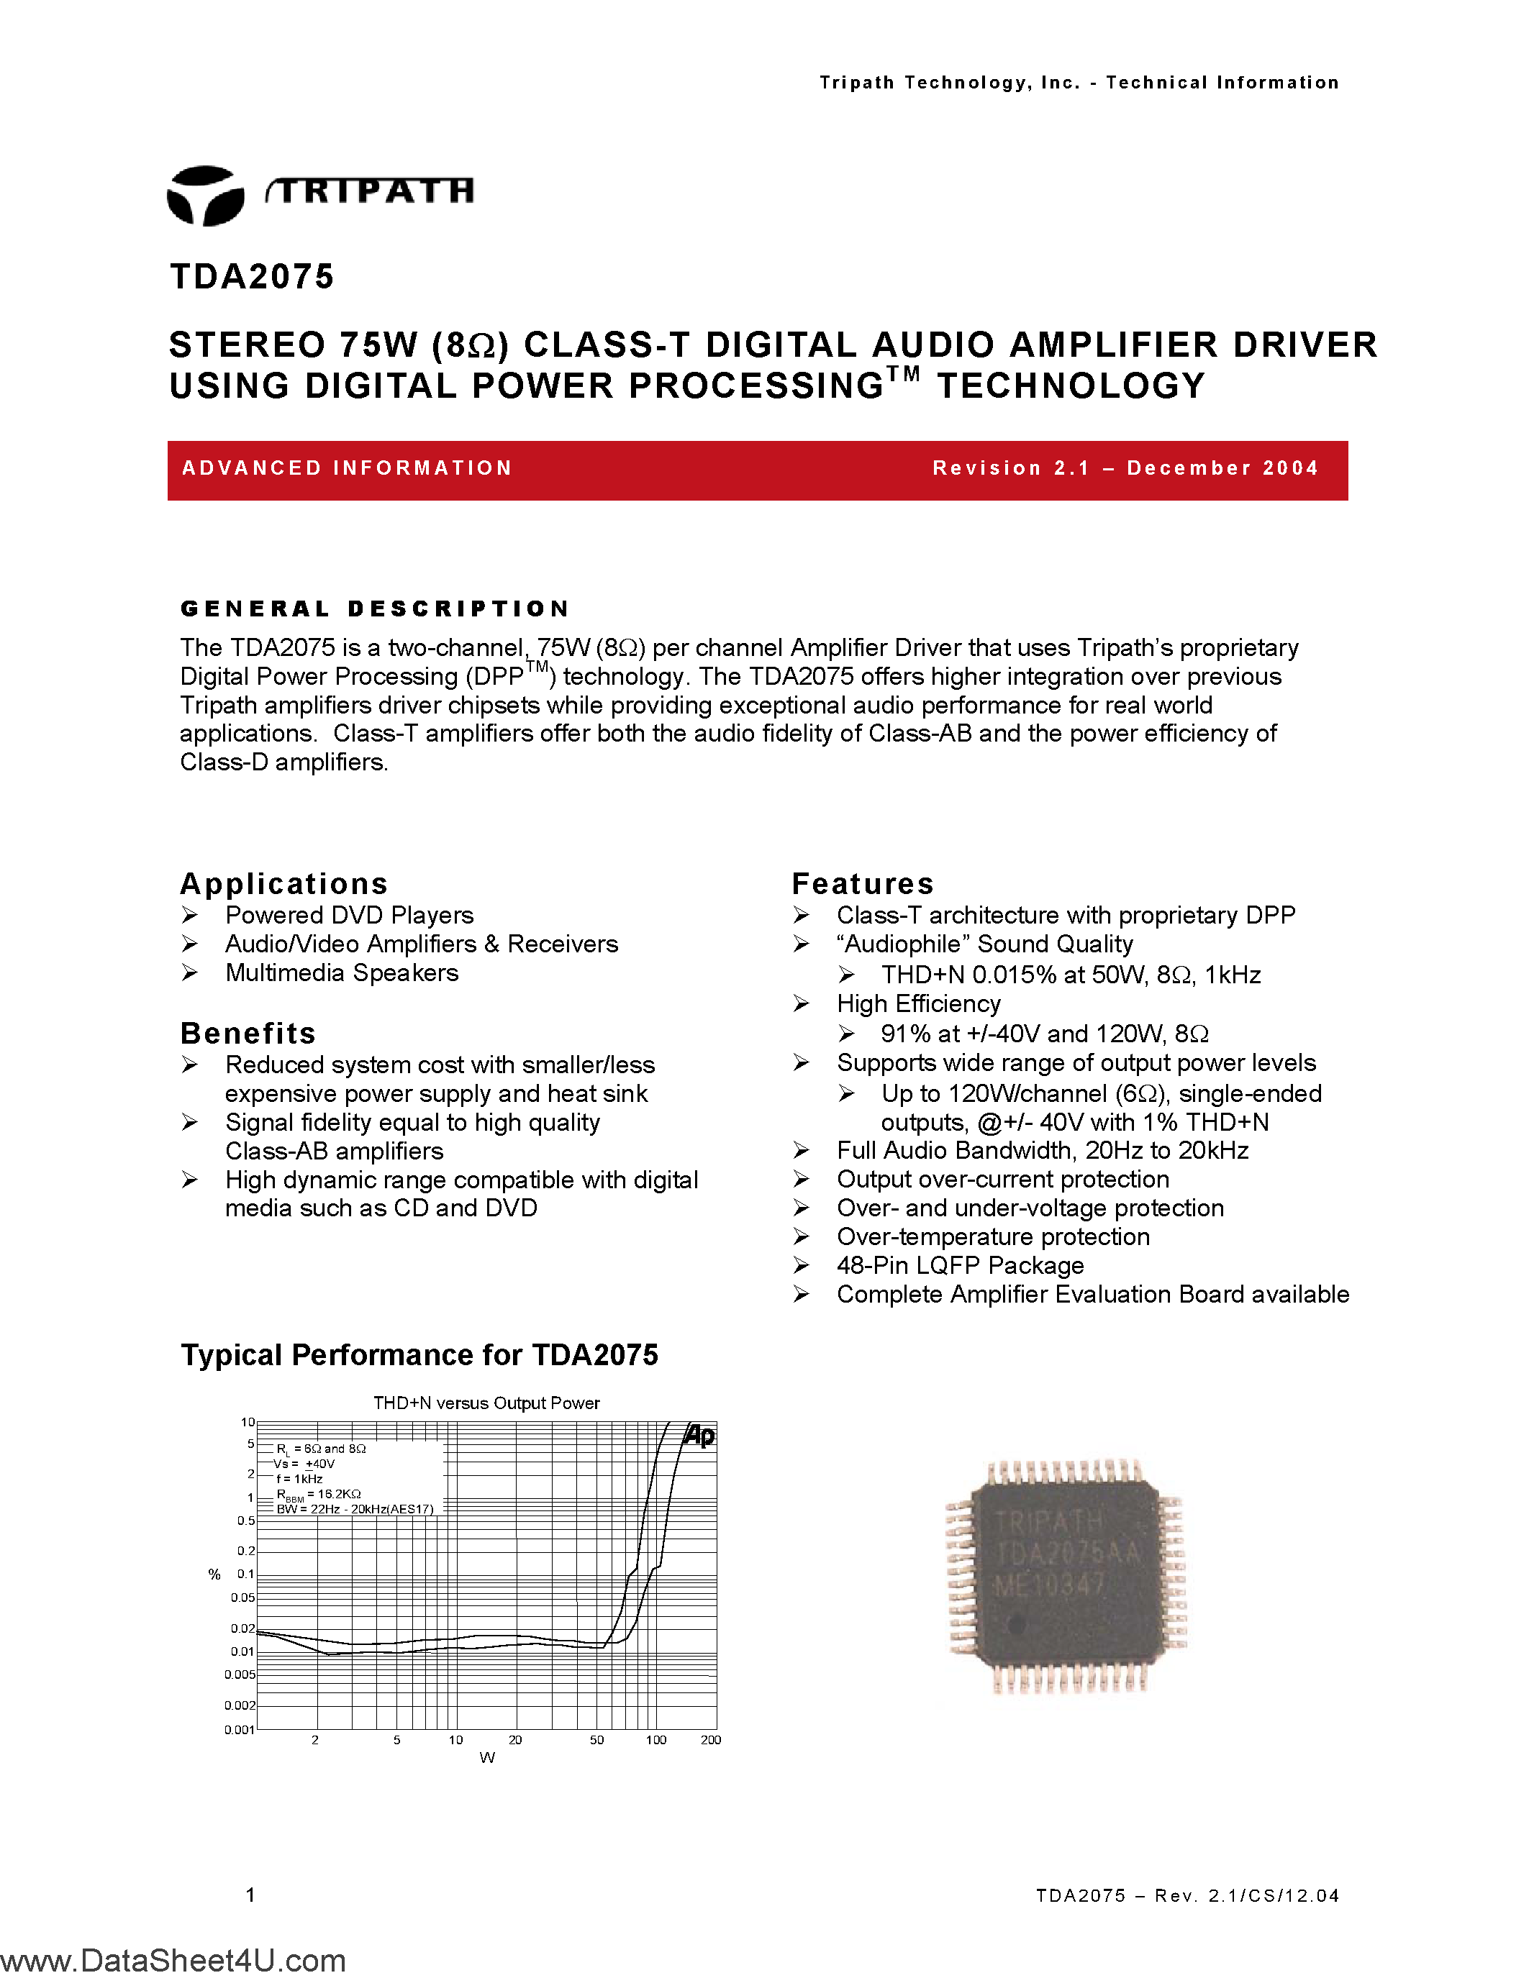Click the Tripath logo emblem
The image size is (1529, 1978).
coord(206,195)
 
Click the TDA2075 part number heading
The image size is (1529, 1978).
coord(252,276)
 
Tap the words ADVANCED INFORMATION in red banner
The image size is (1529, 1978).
coord(347,468)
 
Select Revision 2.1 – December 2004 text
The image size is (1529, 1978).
coord(1125,468)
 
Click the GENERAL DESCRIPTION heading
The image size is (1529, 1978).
coord(375,609)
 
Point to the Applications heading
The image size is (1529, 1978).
coord(283,883)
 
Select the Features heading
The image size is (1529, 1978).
coord(862,883)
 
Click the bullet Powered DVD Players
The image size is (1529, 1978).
coord(349,915)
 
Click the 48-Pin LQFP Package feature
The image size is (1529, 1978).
coord(959,1265)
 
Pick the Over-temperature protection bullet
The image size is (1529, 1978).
coord(993,1236)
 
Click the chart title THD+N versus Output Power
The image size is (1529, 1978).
coord(486,1403)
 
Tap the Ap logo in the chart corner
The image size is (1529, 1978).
coord(699,1436)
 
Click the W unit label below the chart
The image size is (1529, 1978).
coord(487,1758)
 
